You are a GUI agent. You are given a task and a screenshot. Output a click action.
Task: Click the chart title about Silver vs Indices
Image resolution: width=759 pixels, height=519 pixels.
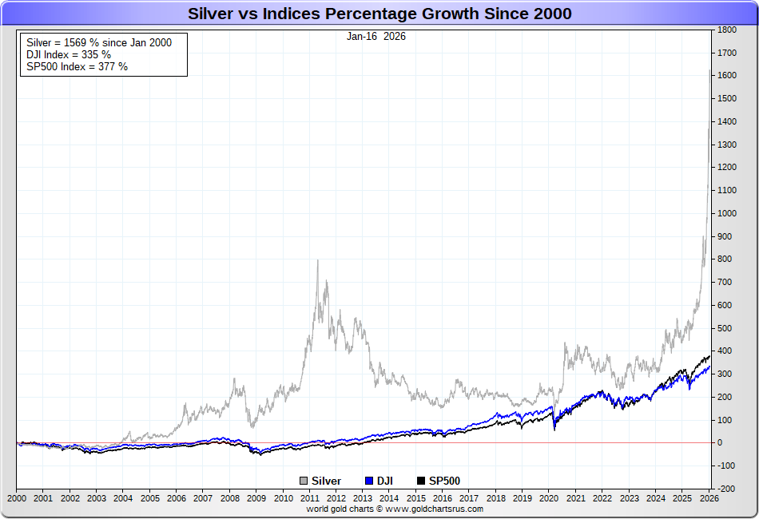coord(379,14)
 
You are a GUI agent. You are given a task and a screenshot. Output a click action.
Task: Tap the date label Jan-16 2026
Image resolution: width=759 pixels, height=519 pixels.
coord(376,36)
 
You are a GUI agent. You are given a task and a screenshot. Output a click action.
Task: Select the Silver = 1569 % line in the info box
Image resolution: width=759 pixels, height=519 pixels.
coord(99,42)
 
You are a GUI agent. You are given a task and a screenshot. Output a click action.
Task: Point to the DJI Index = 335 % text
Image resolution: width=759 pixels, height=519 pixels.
coord(69,54)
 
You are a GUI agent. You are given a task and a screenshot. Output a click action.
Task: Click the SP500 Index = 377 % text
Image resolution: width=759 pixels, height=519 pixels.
coord(77,66)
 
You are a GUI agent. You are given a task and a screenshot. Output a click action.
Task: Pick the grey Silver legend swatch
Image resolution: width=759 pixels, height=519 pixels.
coord(304,481)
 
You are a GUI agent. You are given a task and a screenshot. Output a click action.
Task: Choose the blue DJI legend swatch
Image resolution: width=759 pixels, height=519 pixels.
coord(369,481)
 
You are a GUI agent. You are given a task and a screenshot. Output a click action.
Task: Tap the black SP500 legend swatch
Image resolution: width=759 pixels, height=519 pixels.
coord(422,481)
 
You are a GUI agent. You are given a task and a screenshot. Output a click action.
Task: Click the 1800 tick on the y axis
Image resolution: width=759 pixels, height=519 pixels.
coord(726,30)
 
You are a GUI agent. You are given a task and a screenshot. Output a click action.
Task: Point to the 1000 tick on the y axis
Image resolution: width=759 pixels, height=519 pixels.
coord(726,213)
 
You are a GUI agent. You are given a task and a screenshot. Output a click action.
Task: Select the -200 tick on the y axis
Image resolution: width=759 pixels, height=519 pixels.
coord(726,489)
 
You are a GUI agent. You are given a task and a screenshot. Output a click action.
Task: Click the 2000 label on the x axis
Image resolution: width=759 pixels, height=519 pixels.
coord(17,498)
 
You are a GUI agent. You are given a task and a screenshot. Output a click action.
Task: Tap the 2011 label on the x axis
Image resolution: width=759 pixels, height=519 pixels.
coord(310,498)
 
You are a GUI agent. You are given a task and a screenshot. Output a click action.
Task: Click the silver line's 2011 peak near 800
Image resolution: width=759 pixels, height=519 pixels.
coord(318,260)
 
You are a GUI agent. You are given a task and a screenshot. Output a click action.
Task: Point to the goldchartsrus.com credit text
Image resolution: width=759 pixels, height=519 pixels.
coord(395,509)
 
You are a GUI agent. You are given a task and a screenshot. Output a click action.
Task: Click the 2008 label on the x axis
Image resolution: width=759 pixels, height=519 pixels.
coord(230,498)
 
